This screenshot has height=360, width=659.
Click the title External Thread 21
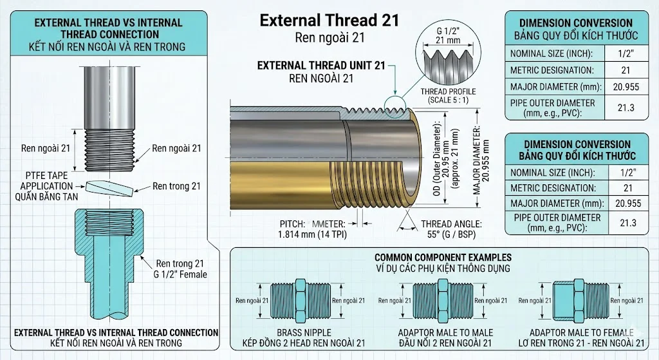pos(329,20)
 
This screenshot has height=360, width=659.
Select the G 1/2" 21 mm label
pos(448,36)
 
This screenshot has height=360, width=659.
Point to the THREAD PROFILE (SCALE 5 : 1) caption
pos(448,95)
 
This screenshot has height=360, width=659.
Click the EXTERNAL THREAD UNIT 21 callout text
pos(321,66)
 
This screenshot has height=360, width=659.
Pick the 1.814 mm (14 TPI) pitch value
pos(312,234)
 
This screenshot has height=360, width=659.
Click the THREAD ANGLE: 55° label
pos(451,229)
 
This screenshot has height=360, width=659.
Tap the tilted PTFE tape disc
pos(110,188)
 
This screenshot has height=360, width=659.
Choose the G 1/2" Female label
pos(180,274)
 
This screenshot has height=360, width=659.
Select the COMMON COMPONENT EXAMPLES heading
pos(443,258)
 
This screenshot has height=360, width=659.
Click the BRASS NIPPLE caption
pos(304,333)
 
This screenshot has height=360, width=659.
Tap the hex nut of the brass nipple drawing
pos(301,300)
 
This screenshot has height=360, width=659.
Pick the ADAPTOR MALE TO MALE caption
pos(445,333)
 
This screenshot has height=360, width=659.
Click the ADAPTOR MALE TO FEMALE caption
pos(581,333)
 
